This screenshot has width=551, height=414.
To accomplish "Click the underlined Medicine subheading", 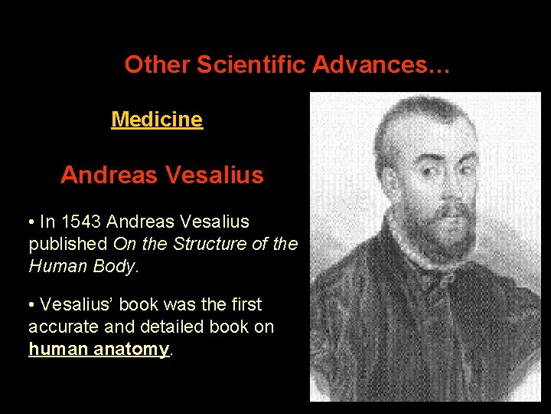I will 157,120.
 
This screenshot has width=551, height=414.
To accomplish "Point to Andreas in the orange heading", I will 106,176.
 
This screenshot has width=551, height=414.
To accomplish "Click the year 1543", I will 81,222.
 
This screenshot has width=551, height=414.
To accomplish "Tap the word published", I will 67,245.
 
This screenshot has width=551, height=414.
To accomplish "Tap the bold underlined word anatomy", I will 136,349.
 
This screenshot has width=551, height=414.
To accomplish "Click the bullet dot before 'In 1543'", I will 31,223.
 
